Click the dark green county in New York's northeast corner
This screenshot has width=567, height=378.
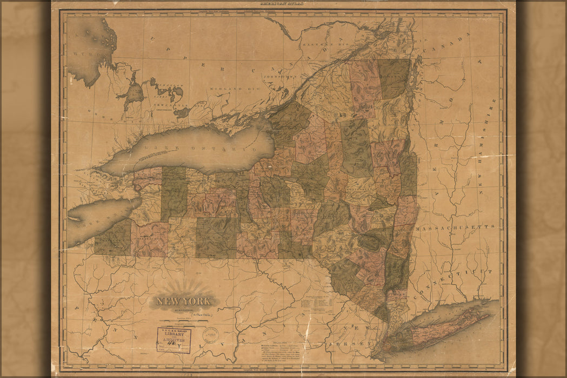(x=394, y=78)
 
